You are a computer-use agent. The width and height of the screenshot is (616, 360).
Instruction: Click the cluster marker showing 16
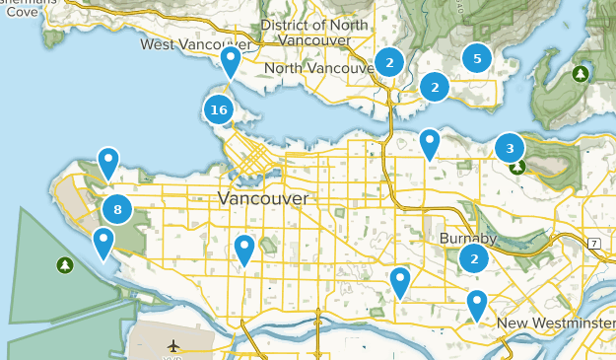click(x=219, y=109)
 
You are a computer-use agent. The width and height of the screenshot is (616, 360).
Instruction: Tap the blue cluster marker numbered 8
click(x=117, y=208)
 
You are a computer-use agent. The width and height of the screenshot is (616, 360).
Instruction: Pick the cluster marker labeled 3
click(x=510, y=149)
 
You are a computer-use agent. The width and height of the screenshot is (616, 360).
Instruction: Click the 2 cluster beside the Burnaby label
click(x=474, y=258)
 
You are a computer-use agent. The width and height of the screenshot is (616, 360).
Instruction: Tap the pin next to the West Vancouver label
click(x=231, y=62)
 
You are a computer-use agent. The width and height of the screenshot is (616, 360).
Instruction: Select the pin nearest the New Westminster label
click(x=477, y=305)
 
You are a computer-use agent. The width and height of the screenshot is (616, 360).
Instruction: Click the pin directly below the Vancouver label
click(x=244, y=251)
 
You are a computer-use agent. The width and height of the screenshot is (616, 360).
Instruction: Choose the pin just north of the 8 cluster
click(x=107, y=163)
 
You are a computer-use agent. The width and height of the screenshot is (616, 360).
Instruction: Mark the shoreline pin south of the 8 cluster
click(x=103, y=243)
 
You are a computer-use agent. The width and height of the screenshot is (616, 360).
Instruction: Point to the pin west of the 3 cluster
click(x=429, y=144)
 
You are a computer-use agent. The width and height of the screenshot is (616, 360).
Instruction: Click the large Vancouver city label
click(x=262, y=198)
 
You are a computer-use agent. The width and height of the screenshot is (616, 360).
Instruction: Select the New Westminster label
click(x=555, y=324)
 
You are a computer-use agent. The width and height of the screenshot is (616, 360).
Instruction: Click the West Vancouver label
click(x=194, y=44)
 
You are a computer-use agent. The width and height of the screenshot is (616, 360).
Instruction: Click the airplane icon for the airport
click(x=174, y=345)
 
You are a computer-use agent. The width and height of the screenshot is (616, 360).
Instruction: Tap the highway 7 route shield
click(x=594, y=243)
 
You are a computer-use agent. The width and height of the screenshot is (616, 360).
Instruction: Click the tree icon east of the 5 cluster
click(x=581, y=73)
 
